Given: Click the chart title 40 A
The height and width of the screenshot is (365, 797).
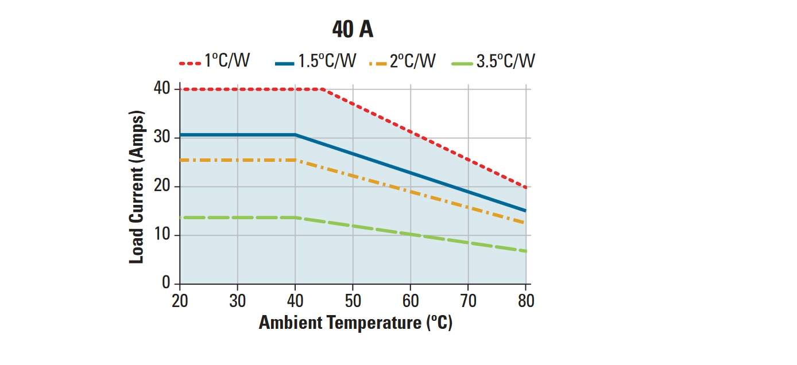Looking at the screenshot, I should [353, 30].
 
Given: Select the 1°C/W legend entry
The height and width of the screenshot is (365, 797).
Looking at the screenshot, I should [215, 61].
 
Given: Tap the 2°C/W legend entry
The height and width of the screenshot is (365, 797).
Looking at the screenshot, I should [402, 61].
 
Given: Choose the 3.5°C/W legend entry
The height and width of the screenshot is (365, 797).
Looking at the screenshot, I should [494, 61].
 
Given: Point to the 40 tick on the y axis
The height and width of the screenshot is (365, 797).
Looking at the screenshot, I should [163, 89].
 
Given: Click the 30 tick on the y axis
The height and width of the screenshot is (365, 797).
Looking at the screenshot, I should [163, 138].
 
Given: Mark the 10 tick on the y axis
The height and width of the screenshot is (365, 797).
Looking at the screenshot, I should [163, 235].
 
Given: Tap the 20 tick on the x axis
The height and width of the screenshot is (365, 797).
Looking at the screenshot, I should [180, 301].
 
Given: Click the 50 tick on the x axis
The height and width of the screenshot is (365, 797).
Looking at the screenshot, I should [353, 301].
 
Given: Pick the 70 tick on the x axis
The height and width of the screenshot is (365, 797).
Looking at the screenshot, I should [468, 301].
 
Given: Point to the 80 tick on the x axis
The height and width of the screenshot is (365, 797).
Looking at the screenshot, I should [525, 301].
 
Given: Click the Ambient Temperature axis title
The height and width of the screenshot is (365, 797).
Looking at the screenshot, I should [355, 323].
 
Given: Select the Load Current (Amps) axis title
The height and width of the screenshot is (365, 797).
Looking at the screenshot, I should [137, 187].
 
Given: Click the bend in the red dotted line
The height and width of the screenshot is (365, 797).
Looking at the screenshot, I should [324, 89].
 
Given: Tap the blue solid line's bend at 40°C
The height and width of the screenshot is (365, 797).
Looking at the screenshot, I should [295, 135].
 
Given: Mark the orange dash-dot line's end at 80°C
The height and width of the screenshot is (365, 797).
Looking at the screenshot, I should [525, 223].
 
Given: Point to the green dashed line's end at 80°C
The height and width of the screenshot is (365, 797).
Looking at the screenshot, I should [525, 251].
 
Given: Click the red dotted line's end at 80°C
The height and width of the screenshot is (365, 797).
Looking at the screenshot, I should [525, 187].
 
